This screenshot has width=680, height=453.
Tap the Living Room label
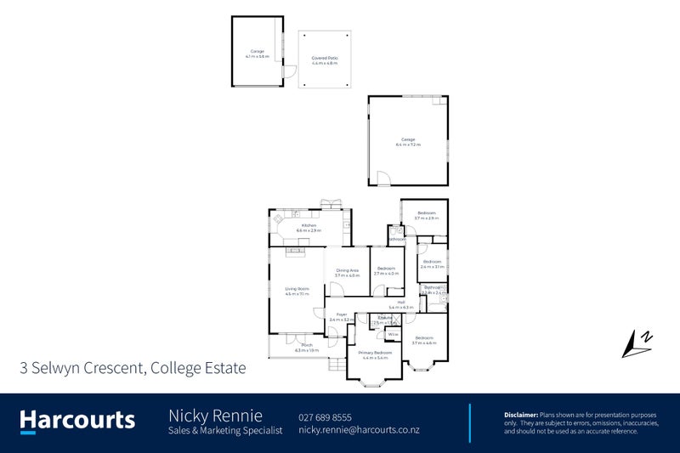(297, 289)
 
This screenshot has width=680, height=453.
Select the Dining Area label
(347, 270)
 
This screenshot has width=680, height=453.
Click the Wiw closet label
(394, 334)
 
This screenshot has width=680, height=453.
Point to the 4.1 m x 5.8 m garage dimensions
(257, 56)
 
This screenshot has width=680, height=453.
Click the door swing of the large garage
(383, 179)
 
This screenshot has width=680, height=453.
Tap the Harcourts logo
(77, 419)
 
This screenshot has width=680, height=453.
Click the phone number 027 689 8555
(325, 416)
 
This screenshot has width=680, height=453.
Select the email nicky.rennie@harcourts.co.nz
(359, 430)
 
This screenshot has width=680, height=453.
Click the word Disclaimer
(520, 413)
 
